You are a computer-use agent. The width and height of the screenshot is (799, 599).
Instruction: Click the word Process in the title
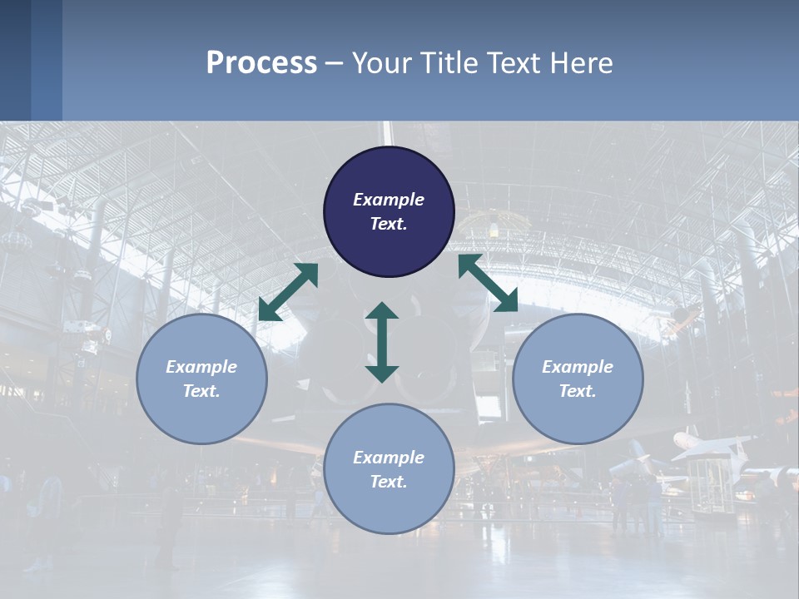261,63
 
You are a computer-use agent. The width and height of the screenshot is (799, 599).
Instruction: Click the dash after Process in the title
335,64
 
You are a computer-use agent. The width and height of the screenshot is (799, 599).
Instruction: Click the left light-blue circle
201,379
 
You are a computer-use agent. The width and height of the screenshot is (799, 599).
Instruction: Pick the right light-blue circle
578,379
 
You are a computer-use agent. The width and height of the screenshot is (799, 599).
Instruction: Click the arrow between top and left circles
288,292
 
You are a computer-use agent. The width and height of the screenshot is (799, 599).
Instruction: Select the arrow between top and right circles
488,284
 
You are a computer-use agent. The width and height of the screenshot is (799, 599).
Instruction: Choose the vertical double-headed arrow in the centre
382,342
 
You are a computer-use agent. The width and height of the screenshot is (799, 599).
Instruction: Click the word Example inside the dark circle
389,200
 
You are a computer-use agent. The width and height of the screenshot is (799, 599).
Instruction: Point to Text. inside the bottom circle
389,482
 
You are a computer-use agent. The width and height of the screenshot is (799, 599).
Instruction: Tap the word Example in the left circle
201,367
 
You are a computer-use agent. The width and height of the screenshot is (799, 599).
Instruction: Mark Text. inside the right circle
578,391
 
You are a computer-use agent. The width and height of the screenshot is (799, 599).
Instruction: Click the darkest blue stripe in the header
15,60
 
